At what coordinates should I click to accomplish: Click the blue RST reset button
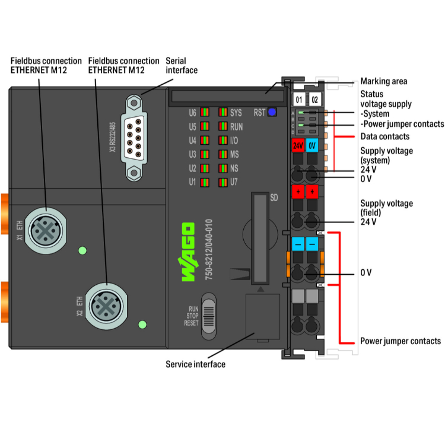point(272,111)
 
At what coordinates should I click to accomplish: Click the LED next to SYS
point(223,112)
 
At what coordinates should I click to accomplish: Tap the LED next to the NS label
point(223,168)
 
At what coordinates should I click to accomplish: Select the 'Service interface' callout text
point(195,364)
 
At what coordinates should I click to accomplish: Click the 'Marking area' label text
point(384,81)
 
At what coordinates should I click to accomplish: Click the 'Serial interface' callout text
point(182,65)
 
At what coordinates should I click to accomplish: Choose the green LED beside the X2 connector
point(142,325)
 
